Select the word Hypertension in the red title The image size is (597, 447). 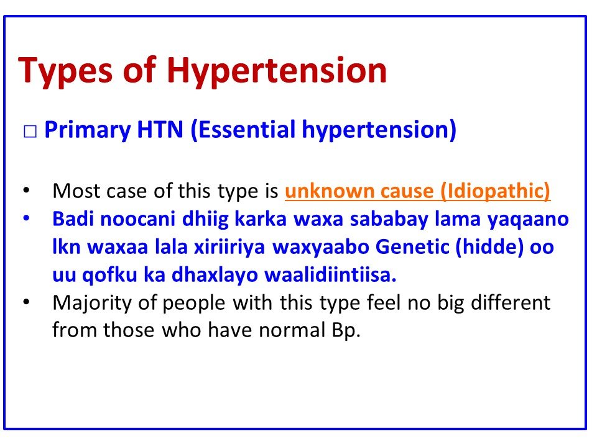[x=276, y=70]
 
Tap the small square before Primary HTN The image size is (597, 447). [x=30, y=132]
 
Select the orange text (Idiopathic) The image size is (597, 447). [x=496, y=191]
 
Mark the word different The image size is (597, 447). [x=510, y=303]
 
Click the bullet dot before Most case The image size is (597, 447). [x=25, y=190]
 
